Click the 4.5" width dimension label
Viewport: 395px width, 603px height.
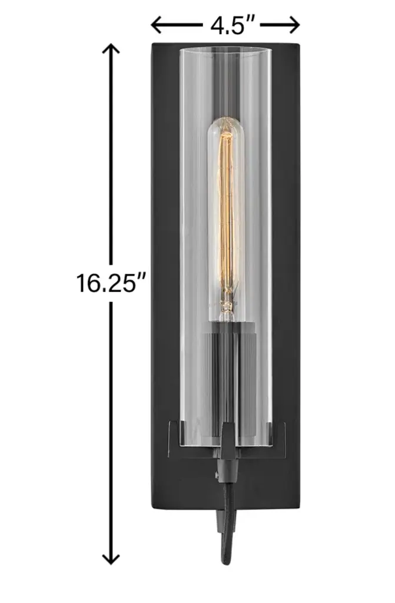point(233,26)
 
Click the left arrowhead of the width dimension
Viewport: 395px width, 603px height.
point(157,26)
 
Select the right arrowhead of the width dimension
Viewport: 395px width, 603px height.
point(293,26)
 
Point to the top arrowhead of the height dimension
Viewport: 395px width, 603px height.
point(111,50)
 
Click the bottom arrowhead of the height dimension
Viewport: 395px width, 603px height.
point(111,558)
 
